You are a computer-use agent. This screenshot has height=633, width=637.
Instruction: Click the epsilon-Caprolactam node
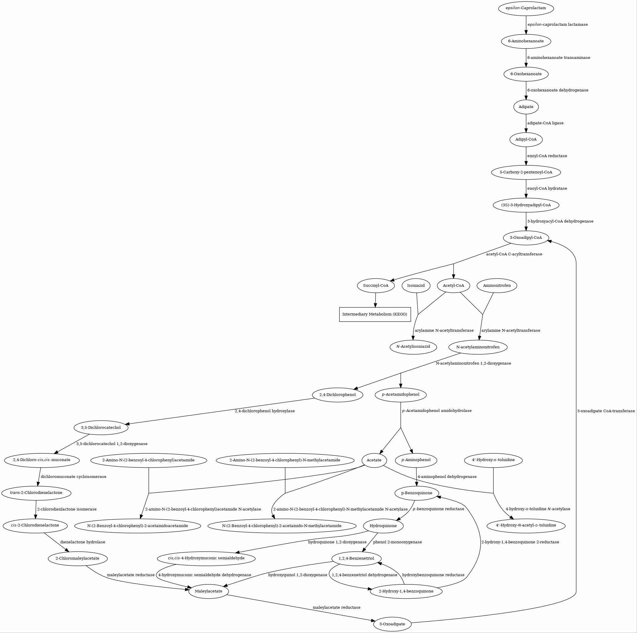(526, 8)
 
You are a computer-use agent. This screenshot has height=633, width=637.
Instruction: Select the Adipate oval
(526, 107)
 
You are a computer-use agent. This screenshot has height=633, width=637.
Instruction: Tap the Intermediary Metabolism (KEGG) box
(375, 314)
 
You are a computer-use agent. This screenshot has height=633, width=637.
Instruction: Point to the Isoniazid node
(416, 285)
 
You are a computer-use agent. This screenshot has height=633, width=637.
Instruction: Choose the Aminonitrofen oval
(497, 285)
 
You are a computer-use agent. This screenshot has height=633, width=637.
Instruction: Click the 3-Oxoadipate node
(392, 624)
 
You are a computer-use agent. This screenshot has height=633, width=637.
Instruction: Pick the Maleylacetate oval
(208, 591)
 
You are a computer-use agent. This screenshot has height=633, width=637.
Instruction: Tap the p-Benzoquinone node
(417, 493)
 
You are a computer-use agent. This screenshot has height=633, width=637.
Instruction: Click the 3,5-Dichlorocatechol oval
(101, 428)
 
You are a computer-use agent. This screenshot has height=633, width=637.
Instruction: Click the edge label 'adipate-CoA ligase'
(545, 123)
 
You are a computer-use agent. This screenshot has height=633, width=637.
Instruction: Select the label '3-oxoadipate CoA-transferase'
(606, 411)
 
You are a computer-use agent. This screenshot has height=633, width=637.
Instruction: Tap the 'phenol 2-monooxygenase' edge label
(397, 542)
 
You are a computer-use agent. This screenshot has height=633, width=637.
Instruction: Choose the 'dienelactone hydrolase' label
(83, 542)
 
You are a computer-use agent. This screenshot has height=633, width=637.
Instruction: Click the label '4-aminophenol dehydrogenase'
(447, 477)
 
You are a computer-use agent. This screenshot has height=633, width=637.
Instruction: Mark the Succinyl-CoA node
(376, 285)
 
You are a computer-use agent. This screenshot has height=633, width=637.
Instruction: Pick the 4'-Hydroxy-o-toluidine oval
(493, 460)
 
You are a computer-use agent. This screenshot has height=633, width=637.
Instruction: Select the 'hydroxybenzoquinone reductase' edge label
(433, 575)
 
